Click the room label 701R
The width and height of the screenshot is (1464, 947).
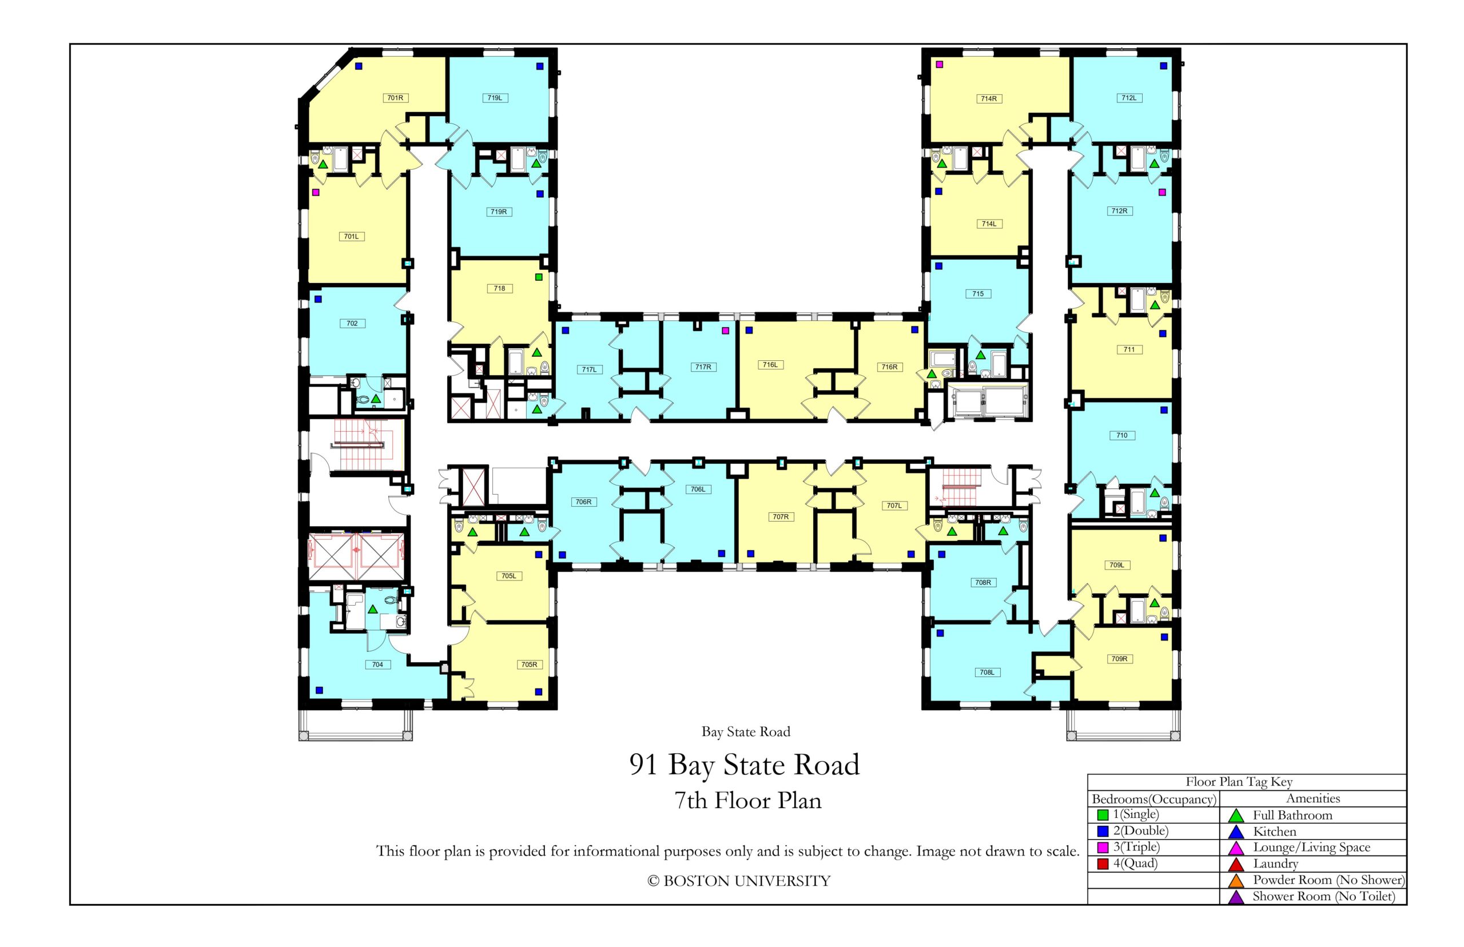click(395, 98)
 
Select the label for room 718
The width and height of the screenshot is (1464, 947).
click(499, 288)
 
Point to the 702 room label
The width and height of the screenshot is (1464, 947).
click(352, 324)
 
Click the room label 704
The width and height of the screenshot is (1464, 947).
click(377, 664)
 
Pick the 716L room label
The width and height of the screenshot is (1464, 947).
click(770, 365)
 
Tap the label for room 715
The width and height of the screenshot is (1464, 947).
click(978, 294)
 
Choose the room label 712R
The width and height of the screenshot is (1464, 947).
click(1119, 211)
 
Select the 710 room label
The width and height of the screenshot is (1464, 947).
click(1121, 435)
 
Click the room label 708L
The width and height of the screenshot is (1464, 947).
click(986, 672)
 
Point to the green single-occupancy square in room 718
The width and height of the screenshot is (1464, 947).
click(539, 277)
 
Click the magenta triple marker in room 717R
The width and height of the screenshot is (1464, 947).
click(725, 330)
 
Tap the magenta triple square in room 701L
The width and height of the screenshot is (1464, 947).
click(316, 193)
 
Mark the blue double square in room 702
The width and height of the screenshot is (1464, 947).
click(318, 300)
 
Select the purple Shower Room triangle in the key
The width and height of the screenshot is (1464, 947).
click(1235, 898)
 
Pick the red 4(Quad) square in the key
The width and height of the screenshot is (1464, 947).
click(1103, 864)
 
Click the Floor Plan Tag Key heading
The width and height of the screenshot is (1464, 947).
click(1238, 782)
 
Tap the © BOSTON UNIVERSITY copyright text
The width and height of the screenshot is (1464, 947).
click(738, 881)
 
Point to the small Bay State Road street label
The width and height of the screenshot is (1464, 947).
click(745, 732)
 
